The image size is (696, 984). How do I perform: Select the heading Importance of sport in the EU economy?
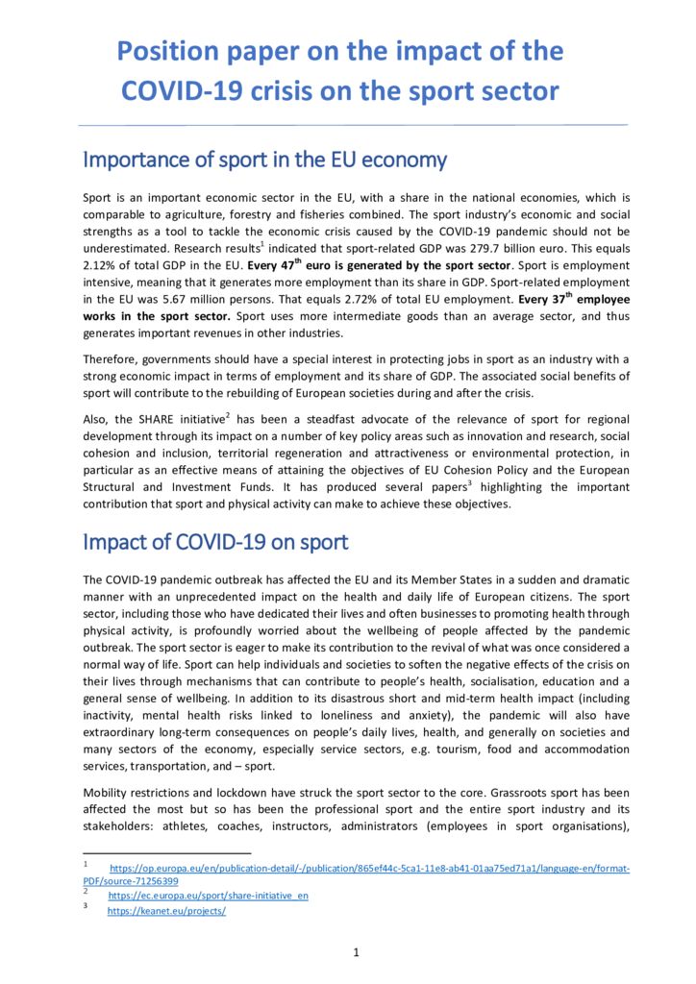(264, 159)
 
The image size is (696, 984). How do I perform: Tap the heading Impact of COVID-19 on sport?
(215, 541)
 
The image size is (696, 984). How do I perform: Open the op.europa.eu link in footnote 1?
(370, 869)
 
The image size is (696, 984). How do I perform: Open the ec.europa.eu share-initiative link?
(208, 896)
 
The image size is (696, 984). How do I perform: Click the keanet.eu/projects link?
(166, 911)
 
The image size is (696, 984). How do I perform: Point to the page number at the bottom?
(356, 952)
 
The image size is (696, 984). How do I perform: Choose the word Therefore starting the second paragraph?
(112, 358)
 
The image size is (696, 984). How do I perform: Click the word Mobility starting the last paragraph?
(108, 793)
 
